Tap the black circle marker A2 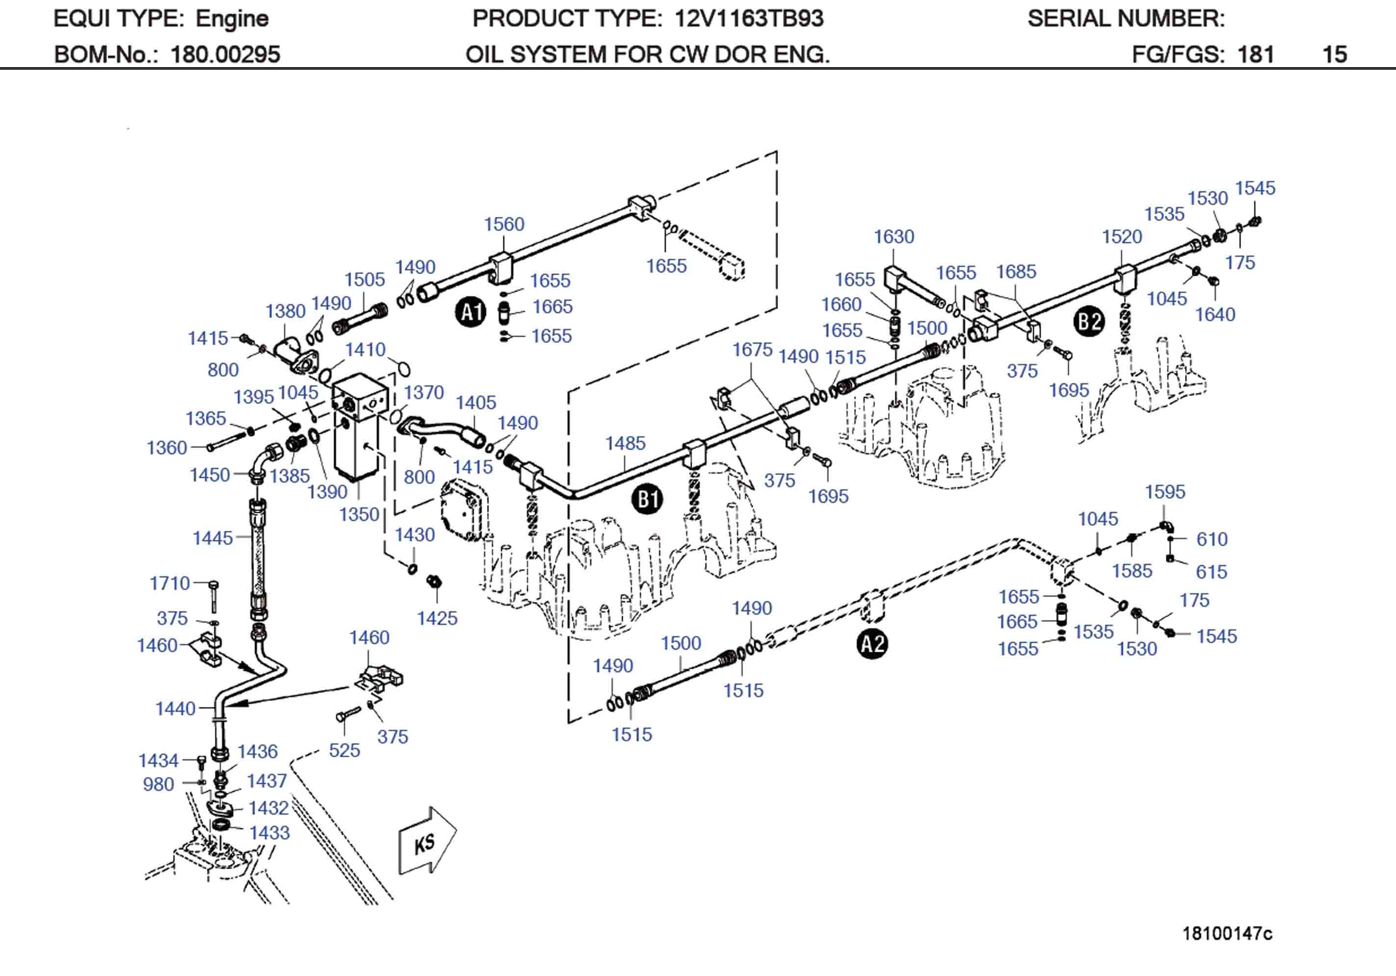tap(873, 644)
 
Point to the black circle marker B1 tap(647, 499)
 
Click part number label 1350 tap(359, 514)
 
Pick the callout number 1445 tap(212, 538)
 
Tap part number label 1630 tap(893, 236)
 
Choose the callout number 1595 tap(1164, 491)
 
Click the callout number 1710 tap(170, 583)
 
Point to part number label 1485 tap(624, 443)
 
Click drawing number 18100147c tap(1226, 933)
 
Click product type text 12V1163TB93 tap(749, 19)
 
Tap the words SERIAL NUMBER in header tap(1125, 19)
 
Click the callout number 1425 tap(437, 618)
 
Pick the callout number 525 tap(344, 750)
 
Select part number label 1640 tap(1215, 314)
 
